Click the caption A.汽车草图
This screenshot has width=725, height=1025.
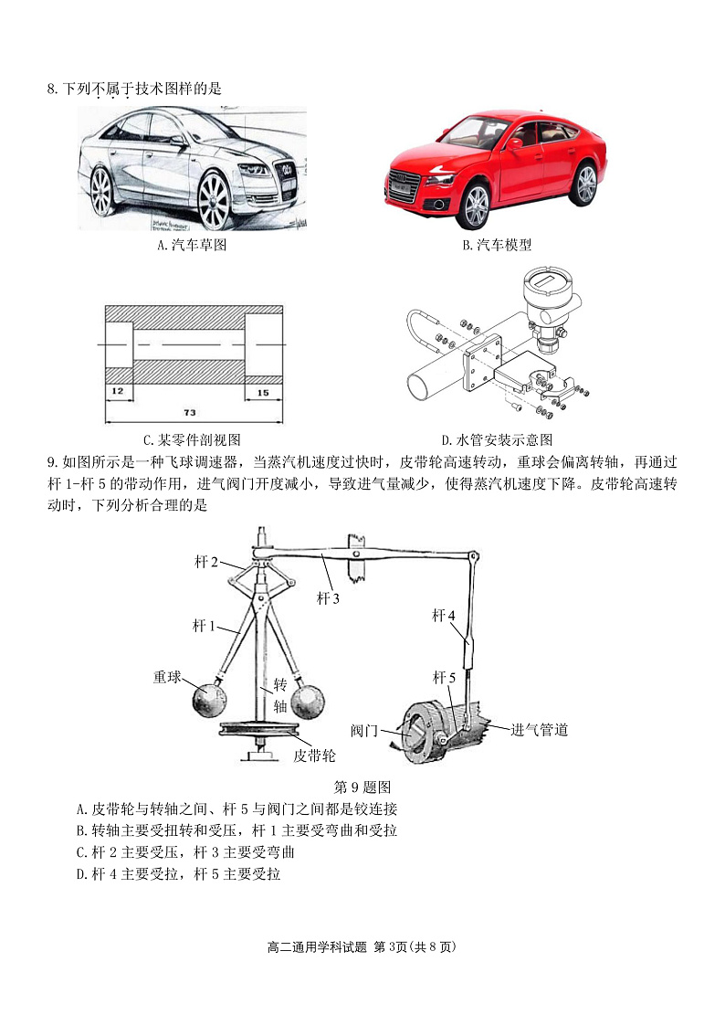click(x=191, y=245)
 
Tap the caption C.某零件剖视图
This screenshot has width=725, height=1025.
click(x=191, y=439)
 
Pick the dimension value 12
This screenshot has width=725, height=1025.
click(x=118, y=390)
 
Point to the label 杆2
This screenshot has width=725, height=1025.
click(x=205, y=562)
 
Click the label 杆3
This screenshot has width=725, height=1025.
click(x=328, y=598)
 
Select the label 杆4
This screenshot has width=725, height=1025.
click(x=444, y=615)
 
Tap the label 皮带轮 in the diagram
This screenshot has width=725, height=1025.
click(x=314, y=756)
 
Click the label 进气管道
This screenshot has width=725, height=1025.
click(x=539, y=729)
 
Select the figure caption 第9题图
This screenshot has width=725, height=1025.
click(x=362, y=786)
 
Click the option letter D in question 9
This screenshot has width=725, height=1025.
click(x=81, y=874)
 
